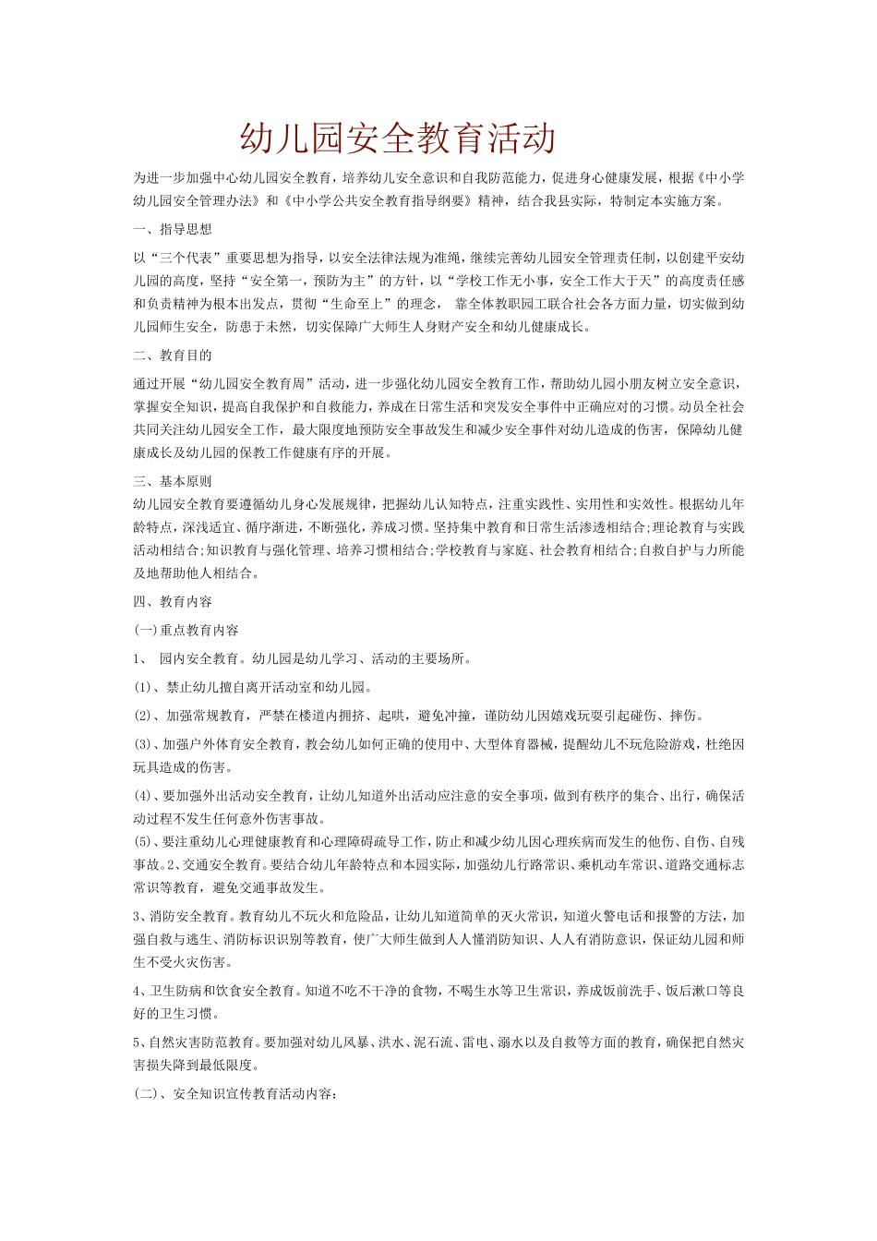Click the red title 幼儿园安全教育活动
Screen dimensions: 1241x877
pyautogui.click(x=398, y=139)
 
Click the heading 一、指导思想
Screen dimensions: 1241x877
pyautogui.click(x=173, y=229)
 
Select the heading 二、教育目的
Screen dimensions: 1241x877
pyautogui.click(x=173, y=355)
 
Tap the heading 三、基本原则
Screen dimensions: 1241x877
pyautogui.click(x=173, y=481)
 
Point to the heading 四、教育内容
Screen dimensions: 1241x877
pyautogui.click(x=173, y=602)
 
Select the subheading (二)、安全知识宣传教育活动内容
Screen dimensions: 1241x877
pyautogui.click(x=235, y=1094)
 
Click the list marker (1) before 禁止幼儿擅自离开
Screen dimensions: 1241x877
pyautogui.click(x=142, y=687)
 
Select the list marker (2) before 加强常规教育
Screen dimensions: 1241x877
pyautogui.click(x=142, y=716)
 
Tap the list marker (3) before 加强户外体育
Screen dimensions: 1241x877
pyautogui.click(x=142, y=744)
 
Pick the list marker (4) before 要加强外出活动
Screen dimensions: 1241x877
pyautogui.click(x=142, y=796)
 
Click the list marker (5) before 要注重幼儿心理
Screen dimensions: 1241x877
pyautogui.click(x=142, y=842)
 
